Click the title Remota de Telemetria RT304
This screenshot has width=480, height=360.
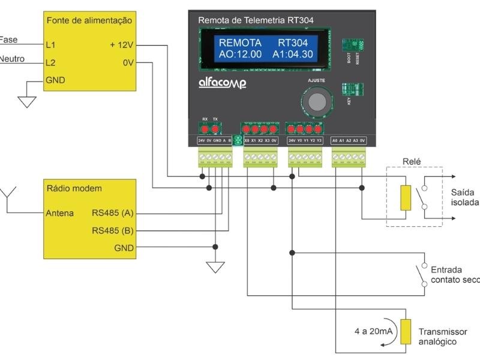[x=256, y=20]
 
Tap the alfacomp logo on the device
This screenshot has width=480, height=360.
[x=222, y=83]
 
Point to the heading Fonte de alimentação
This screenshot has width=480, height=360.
[x=89, y=20]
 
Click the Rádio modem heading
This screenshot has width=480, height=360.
[x=74, y=188]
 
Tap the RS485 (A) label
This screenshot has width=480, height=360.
[x=112, y=213]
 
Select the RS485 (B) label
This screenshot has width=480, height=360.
[x=112, y=230]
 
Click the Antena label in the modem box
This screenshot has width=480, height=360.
[x=60, y=213]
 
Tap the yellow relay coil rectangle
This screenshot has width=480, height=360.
[x=406, y=197]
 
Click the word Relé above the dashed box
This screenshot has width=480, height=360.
[x=413, y=161]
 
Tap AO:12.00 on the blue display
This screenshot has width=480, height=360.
[x=240, y=54]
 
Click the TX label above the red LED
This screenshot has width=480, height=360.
[x=215, y=119]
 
